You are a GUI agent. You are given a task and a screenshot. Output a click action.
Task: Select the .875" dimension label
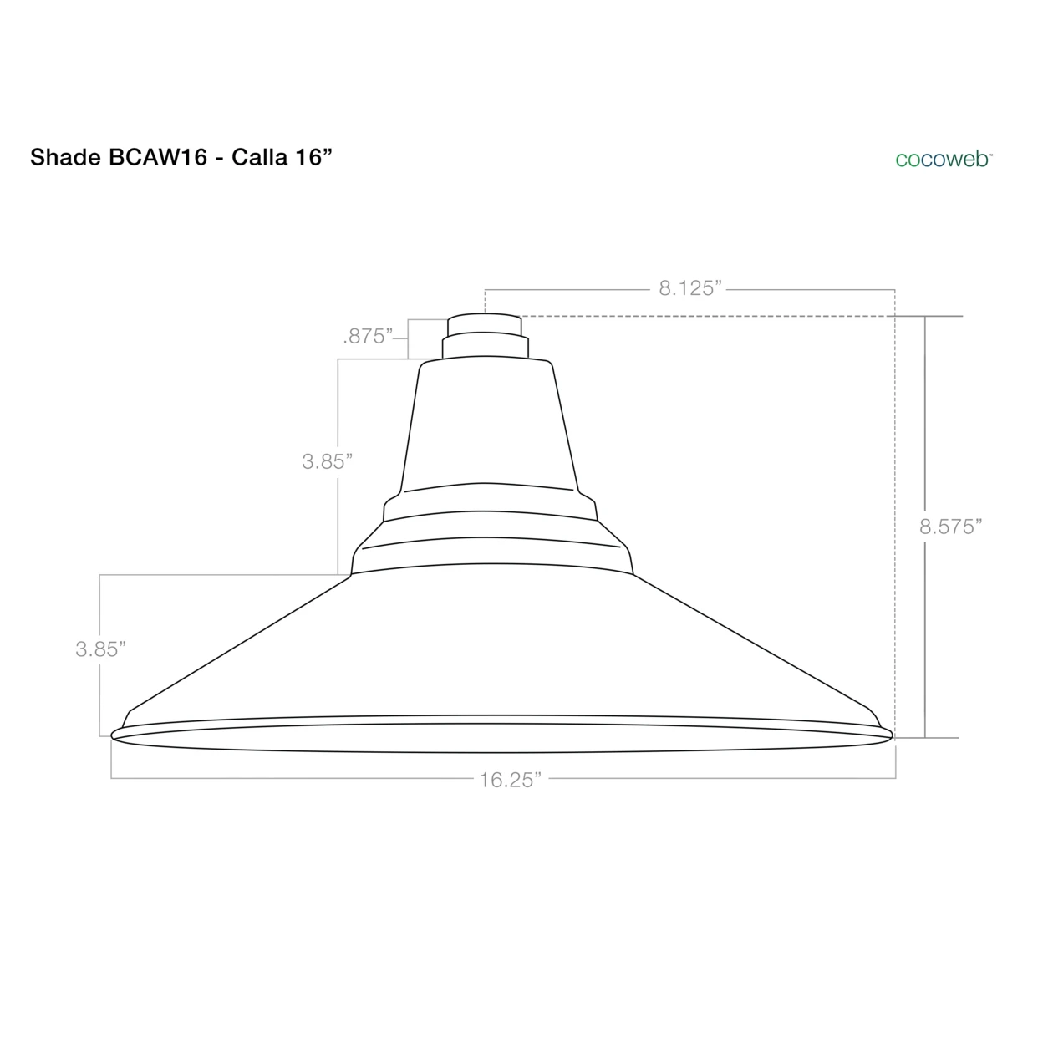point(368,337)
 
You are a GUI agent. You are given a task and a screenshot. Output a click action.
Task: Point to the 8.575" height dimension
point(949,527)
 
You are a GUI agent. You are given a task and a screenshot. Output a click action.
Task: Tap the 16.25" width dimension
point(510,780)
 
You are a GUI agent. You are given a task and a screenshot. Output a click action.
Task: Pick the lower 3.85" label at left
point(100,649)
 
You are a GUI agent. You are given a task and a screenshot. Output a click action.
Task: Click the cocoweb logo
point(943,159)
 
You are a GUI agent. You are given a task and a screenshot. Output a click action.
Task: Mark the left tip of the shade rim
point(114,735)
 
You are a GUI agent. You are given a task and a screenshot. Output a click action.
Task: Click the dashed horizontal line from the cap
point(710,316)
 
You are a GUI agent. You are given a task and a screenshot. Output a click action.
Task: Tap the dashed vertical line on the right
point(895,518)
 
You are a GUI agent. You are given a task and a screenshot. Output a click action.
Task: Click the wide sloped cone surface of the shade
point(501,644)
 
